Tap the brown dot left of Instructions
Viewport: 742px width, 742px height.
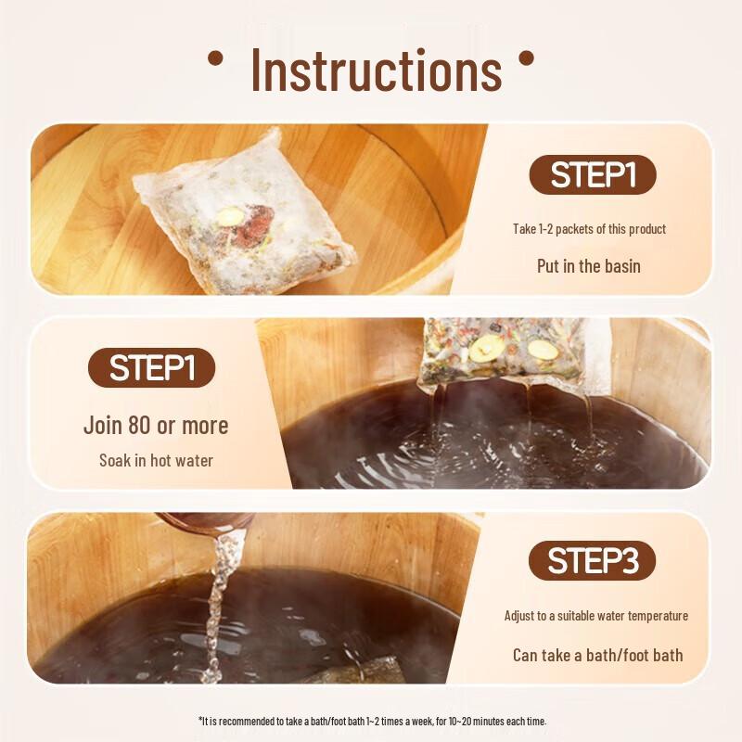(215, 59)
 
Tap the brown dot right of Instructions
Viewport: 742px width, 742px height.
(526, 59)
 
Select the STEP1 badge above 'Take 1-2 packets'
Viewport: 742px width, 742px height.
(593, 175)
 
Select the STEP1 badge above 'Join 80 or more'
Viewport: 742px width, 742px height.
(151, 368)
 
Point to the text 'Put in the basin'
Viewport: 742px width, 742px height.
(589, 266)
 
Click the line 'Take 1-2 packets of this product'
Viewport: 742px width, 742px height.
(589, 229)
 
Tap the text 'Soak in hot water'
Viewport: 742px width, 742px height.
(156, 460)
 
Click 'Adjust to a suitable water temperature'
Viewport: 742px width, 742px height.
(596, 616)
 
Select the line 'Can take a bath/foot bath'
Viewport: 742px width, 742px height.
(597, 655)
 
